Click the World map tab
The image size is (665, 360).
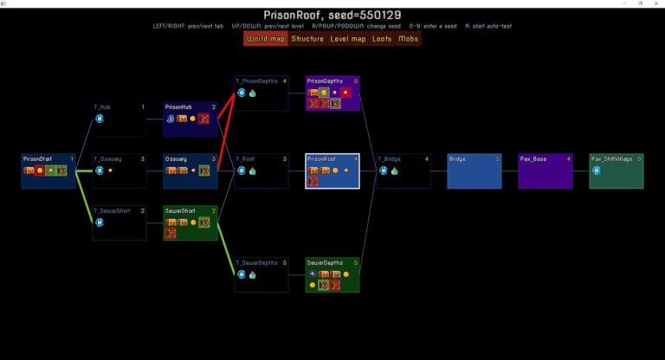click(266, 39)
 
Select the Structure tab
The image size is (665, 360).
click(307, 39)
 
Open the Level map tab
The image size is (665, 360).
click(348, 39)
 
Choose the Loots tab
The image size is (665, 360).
click(382, 39)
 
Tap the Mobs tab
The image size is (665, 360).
click(408, 39)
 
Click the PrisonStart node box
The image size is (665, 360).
click(48, 170)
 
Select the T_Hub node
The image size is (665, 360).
click(119, 119)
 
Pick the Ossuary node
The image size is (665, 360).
click(190, 170)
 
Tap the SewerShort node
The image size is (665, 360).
click(190, 222)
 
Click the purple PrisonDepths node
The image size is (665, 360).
click(332, 93)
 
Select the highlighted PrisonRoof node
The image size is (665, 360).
click(332, 170)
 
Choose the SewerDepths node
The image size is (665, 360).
click(332, 274)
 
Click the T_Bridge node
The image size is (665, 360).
click(404, 170)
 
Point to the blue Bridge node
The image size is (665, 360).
click(475, 170)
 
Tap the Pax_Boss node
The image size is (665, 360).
click(546, 170)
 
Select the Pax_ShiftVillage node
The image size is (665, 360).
click(617, 170)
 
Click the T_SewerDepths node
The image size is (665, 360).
click(261, 274)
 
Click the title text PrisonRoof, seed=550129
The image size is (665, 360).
click(332, 15)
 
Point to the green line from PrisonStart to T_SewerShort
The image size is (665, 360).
click(84, 198)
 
